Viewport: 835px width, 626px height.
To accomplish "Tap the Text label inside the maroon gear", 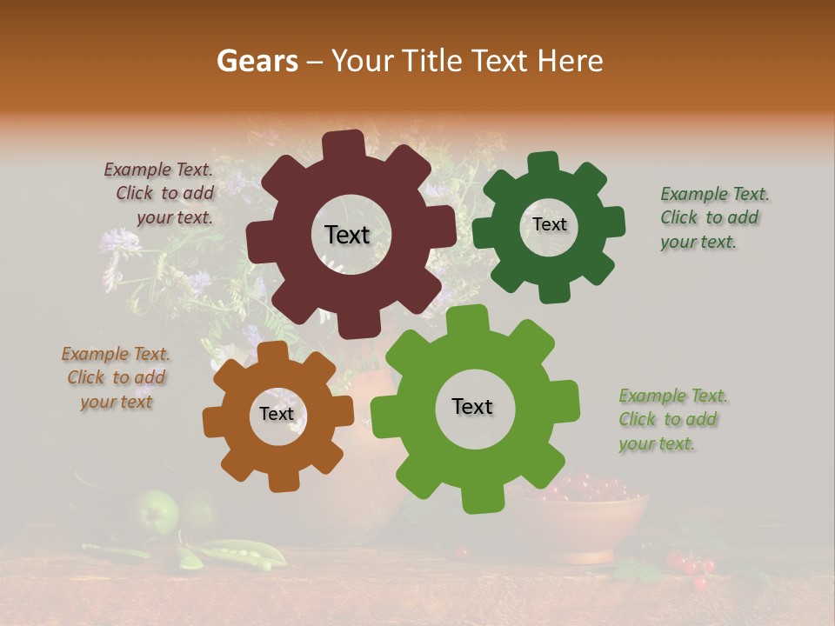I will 347,235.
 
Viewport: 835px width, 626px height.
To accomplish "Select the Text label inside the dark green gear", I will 549,224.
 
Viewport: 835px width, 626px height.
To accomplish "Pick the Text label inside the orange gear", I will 277,414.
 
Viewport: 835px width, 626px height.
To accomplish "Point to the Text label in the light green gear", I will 472,406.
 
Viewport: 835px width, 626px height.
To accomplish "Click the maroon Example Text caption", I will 160,193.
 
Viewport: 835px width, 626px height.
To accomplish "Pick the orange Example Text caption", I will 116,377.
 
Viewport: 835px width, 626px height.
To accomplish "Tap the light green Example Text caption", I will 671,419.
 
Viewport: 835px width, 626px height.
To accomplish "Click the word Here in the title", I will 571,61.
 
